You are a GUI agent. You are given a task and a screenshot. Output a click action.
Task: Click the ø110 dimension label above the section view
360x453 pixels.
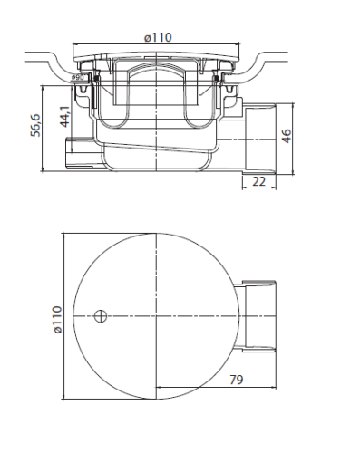pos(158,38)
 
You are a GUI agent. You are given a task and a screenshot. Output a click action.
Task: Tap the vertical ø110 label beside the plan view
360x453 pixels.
pos(57,320)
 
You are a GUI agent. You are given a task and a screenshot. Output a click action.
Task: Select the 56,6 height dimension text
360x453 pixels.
pos(35,125)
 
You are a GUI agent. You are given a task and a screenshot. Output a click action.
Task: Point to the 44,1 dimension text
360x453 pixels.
pos(64,117)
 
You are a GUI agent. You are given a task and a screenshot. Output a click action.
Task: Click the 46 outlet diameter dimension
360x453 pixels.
pos(286,136)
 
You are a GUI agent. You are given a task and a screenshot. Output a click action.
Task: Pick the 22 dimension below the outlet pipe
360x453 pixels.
pos(258,181)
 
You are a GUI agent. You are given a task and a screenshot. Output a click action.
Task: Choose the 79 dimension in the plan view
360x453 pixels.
pos(237,380)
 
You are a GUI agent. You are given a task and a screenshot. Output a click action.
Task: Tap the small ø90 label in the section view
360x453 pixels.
pos(77,78)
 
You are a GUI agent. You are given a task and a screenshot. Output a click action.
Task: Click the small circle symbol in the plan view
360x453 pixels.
pos(101,316)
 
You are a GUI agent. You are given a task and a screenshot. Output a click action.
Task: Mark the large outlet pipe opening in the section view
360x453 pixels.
pos(260,139)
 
